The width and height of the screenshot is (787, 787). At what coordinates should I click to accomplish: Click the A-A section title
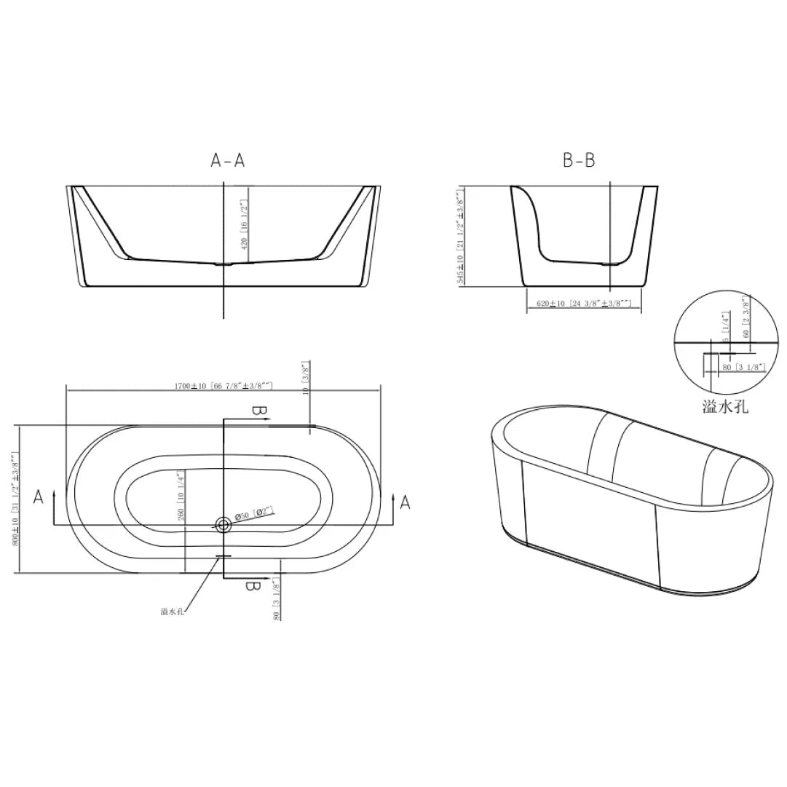(x=228, y=161)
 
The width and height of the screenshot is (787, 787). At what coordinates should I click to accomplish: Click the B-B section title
(x=579, y=161)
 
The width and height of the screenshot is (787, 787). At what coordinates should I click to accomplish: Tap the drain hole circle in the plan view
(x=223, y=523)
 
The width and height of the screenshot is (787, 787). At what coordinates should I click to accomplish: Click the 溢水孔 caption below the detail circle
(x=724, y=406)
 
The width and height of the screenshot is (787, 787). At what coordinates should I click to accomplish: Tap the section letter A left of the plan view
(x=39, y=497)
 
